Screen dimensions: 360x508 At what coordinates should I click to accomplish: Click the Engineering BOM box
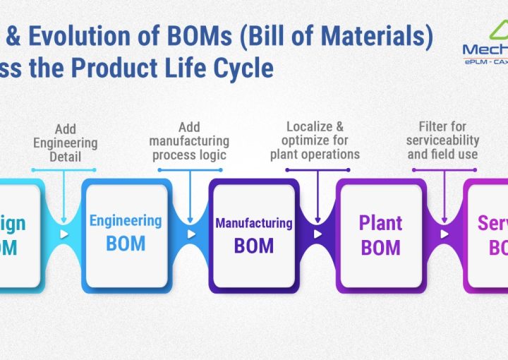[x=126, y=233]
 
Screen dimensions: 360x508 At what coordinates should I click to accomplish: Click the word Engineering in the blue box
[x=126, y=220]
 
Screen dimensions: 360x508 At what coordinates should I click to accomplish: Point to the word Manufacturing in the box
[x=253, y=223]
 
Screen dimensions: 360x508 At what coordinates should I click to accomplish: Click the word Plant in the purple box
[x=380, y=223]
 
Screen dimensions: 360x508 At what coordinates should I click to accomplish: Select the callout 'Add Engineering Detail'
[x=65, y=143]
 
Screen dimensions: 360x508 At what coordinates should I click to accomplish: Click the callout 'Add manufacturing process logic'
[x=189, y=140]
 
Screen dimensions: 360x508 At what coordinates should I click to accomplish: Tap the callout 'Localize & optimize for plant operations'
[x=315, y=140]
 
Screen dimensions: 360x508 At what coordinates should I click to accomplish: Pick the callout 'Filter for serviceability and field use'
[x=442, y=140]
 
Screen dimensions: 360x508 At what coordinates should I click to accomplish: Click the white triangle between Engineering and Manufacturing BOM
[x=190, y=234]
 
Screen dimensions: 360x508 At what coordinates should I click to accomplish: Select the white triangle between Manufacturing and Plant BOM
[x=317, y=234]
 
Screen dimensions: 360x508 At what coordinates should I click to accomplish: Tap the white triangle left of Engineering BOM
[x=64, y=234]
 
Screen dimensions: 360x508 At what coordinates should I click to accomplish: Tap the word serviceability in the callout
[x=443, y=140]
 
